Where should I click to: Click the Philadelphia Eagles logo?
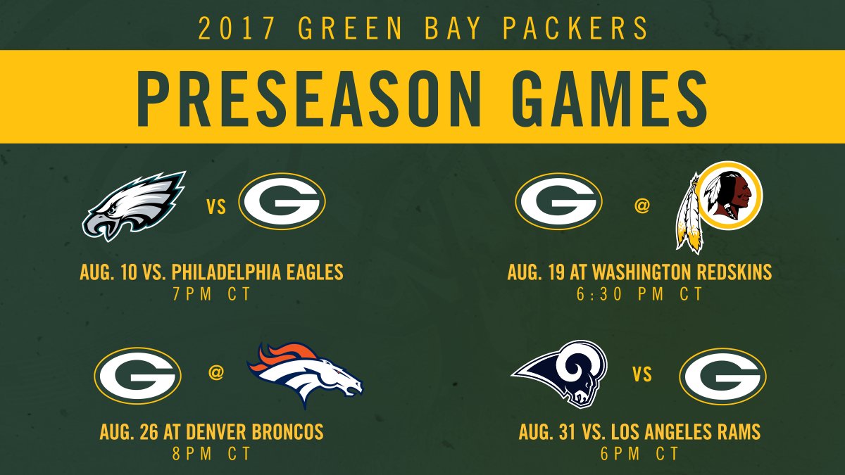click(134, 205)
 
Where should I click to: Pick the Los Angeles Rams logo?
click(560, 374)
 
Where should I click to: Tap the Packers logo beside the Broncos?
click(137, 375)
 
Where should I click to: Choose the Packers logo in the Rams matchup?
click(722, 375)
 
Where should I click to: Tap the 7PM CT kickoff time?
click(211, 294)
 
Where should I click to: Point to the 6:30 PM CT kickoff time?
click(639, 294)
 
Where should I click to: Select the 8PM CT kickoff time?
click(211, 454)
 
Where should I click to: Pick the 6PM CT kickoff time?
click(639, 454)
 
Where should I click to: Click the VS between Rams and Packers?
click(642, 375)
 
